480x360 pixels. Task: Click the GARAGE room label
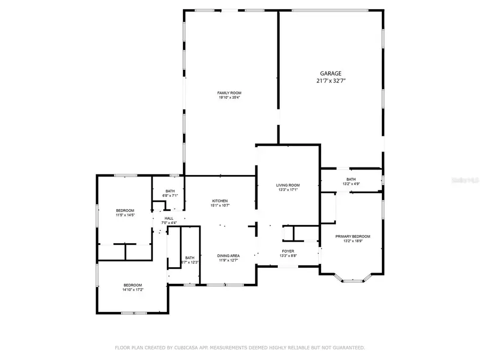tap(331, 74)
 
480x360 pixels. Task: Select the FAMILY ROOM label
tap(229, 93)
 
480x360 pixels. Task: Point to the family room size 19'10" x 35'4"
tap(229, 98)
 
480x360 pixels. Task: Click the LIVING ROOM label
tap(288, 185)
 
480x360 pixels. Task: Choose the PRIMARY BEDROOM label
tap(353, 236)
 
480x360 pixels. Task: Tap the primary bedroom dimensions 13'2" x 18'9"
tap(353, 241)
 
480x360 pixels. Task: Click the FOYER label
tap(288, 251)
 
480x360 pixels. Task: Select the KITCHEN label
tap(220, 201)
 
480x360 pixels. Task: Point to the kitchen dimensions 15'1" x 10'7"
tap(220, 205)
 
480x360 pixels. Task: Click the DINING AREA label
tap(228, 256)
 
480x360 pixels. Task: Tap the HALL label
tap(169, 218)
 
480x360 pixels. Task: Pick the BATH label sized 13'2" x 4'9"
tap(351, 179)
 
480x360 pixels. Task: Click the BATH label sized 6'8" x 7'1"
tap(170, 191)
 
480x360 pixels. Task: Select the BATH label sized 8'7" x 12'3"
tap(190, 258)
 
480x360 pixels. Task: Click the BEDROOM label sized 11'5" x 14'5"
tap(125, 210)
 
